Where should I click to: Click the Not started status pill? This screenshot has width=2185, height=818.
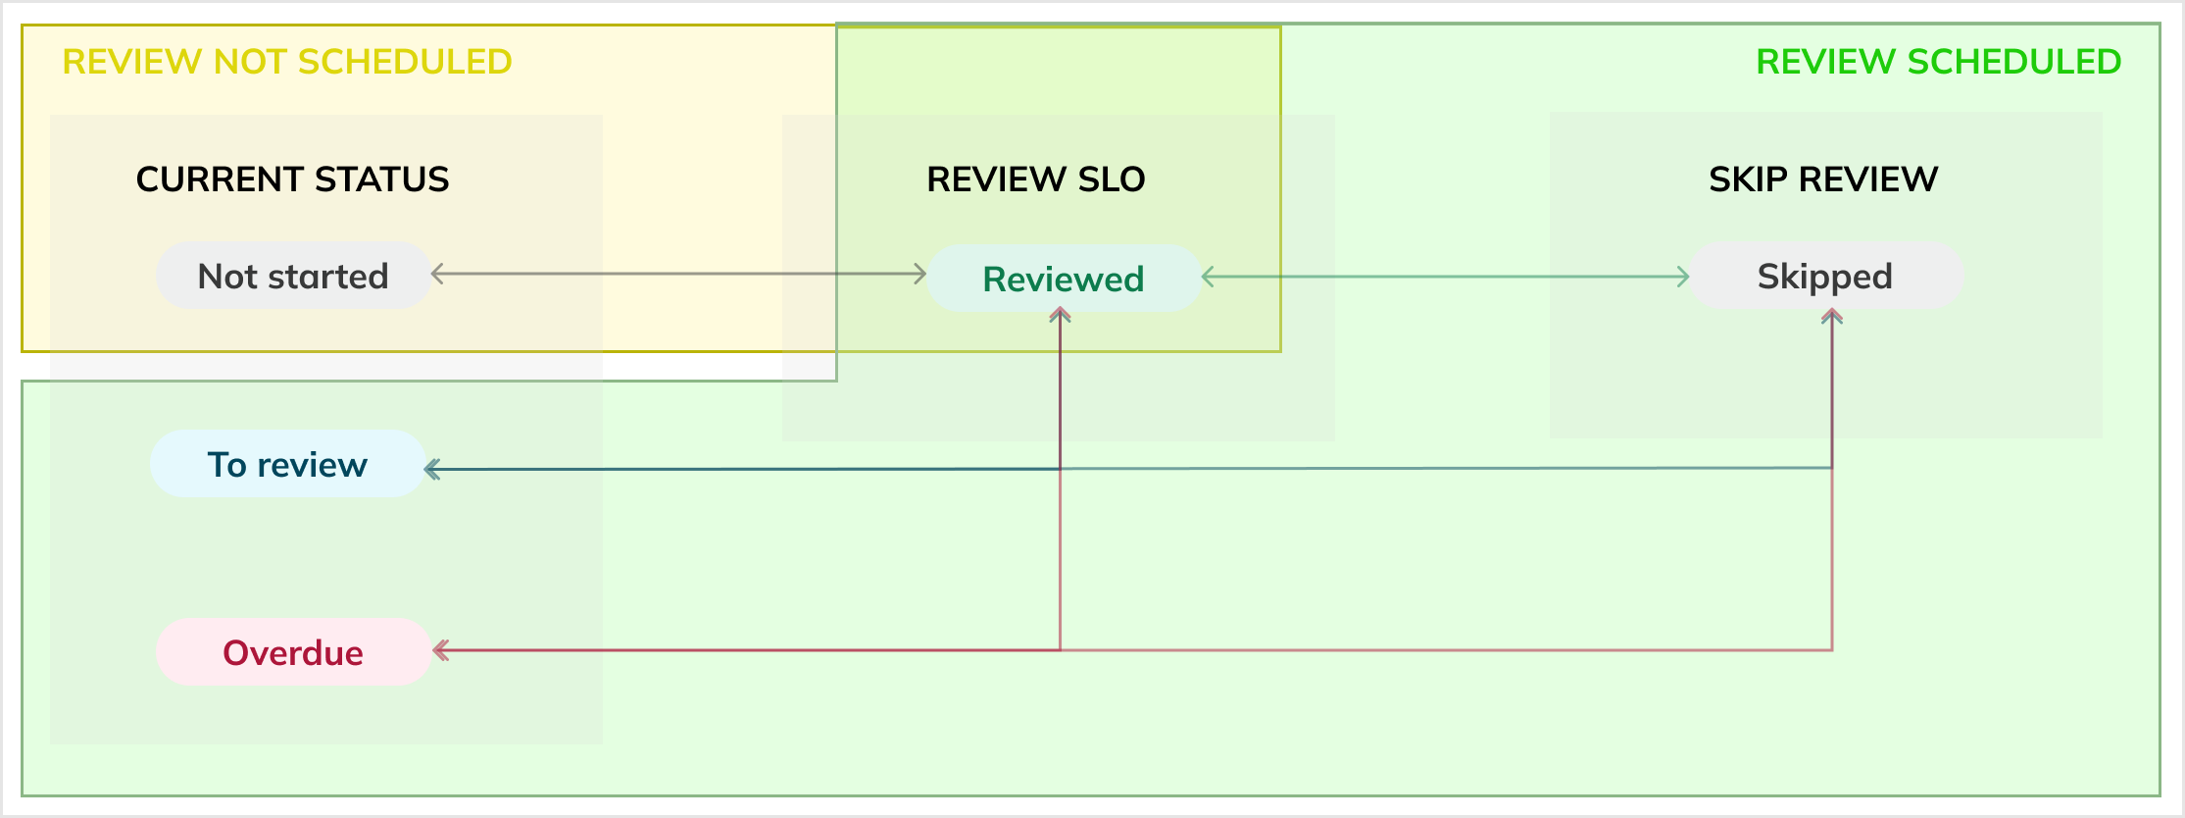point(293,276)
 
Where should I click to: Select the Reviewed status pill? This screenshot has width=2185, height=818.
point(1064,279)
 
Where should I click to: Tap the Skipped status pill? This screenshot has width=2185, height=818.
point(1825,276)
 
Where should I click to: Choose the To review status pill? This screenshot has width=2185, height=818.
point(287,464)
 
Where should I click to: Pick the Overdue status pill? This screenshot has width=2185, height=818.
point(293,652)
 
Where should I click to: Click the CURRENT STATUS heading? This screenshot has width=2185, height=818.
point(292,179)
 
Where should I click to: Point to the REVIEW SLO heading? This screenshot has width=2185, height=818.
point(1036,179)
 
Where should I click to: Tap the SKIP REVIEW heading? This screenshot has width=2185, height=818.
point(1823,179)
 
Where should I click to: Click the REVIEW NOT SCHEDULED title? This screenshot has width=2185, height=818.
point(286,62)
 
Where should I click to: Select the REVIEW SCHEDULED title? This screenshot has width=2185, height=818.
point(1938,62)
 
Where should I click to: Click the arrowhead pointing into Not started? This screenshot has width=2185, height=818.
point(437,275)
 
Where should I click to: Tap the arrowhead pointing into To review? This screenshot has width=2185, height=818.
point(431,470)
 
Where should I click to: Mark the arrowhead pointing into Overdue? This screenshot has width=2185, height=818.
point(440,650)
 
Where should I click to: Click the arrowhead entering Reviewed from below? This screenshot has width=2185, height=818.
point(1060,315)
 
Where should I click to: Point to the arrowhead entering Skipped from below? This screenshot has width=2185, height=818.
point(1832,316)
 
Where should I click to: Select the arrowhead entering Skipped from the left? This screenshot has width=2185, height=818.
point(1683,277)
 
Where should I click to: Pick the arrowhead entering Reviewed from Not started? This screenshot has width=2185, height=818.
point(920,275)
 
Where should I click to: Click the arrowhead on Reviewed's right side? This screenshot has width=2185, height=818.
point(1209,277)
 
